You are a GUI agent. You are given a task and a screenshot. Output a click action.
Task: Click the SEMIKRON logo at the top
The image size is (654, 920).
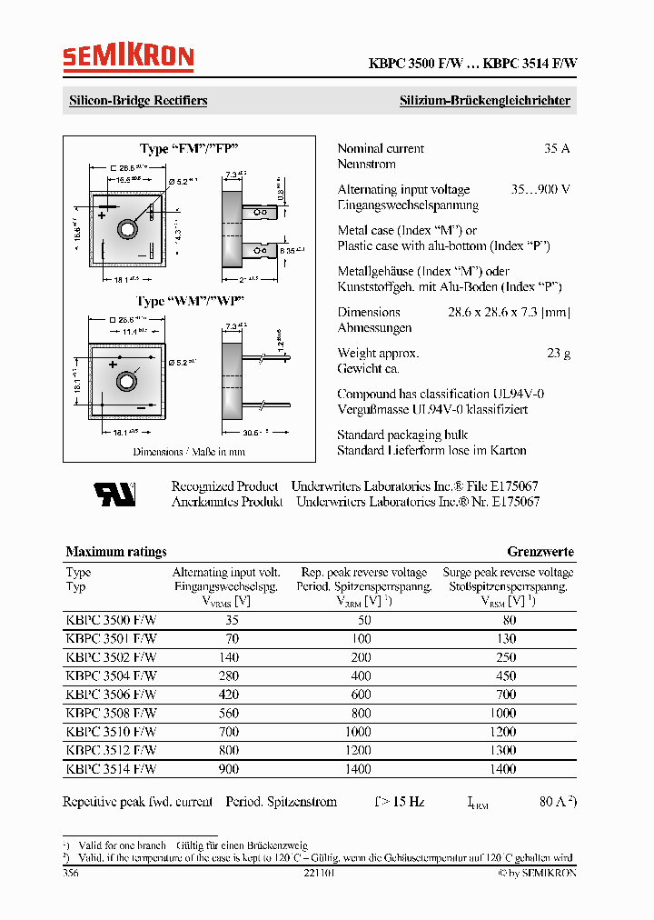128,59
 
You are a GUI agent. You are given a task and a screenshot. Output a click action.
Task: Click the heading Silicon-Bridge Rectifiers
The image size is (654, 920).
138,101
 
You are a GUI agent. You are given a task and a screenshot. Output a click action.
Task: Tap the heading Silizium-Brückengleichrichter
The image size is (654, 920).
485,101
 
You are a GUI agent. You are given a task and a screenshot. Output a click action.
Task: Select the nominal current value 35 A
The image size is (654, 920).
556,148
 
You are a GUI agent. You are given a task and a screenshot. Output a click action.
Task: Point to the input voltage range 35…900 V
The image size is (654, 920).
540,190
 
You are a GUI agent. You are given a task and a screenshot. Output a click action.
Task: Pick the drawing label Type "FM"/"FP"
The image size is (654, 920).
189,149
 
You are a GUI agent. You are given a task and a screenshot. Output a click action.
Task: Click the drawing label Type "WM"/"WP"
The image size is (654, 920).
190,301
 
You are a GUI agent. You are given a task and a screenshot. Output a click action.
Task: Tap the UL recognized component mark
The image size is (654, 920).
114,494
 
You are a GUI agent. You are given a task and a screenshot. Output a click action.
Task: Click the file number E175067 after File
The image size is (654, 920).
513,486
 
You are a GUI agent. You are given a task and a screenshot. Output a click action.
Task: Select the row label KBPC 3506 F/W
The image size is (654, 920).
111,695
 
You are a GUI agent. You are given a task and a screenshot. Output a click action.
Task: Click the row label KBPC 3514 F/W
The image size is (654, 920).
111,769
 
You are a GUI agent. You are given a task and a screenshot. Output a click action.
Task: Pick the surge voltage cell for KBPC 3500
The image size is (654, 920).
509,620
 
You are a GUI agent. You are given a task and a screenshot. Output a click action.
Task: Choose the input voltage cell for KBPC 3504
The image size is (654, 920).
228,675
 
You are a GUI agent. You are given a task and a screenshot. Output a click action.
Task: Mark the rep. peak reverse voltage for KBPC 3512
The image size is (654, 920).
358,751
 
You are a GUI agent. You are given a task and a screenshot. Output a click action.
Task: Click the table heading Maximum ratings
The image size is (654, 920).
116,552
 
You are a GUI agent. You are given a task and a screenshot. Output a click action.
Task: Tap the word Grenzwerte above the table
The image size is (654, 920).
540,552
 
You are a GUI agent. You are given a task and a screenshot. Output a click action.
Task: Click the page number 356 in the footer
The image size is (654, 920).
70,873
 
